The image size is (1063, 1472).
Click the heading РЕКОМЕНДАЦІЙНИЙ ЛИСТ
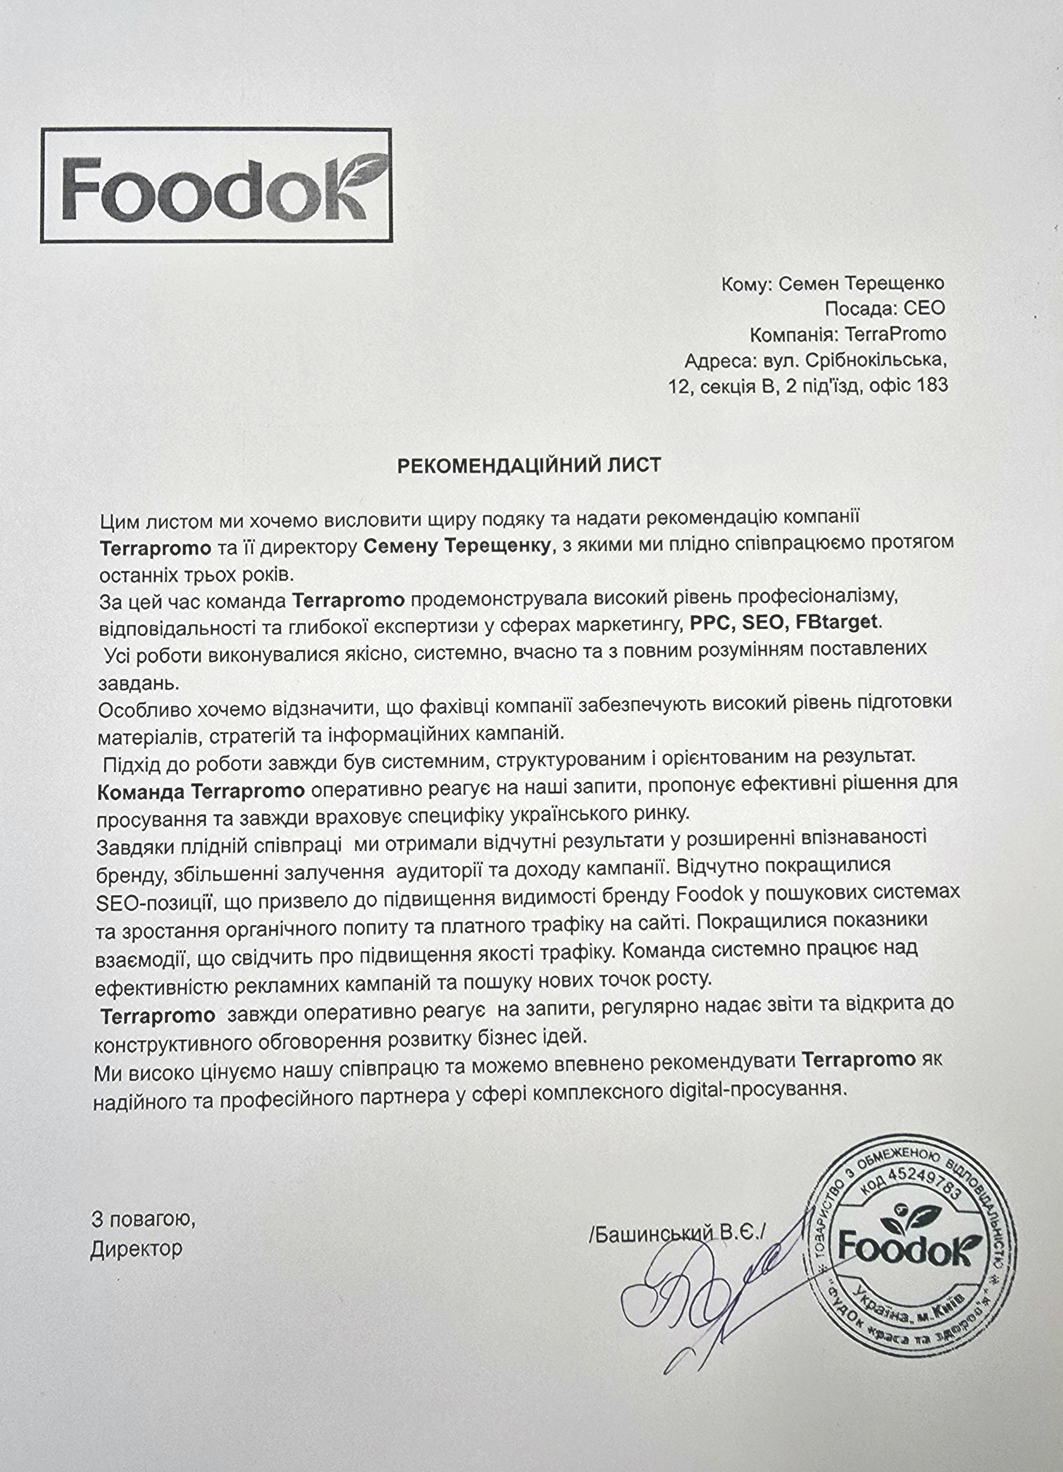click(529, 465)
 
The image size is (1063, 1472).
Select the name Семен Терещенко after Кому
click(861, 284)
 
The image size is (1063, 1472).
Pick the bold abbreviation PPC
click(711, 622)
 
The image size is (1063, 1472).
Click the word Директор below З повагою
click(136, 1248)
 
